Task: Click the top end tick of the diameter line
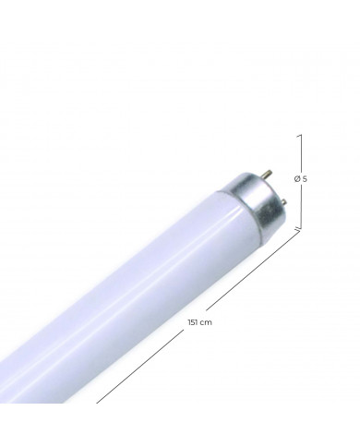[x=300, y=134]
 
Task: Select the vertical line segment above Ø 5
[x=300, y=152]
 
